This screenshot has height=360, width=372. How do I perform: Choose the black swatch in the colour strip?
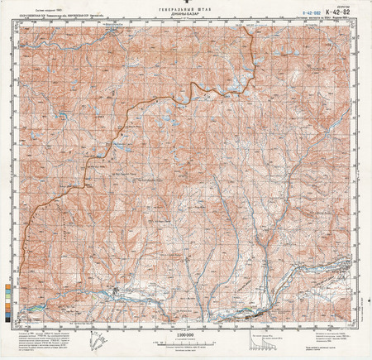8,309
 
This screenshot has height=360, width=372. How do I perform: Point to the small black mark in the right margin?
370,174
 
